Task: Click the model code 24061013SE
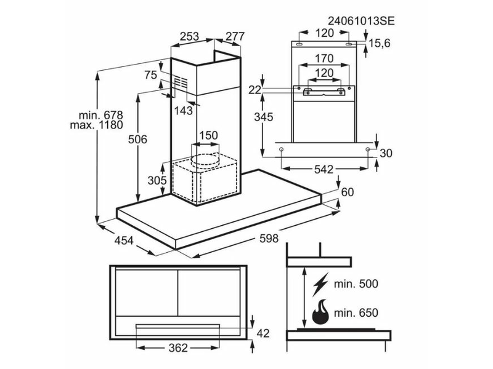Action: [x=361, y=21]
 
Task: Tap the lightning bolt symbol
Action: [x=320, y=284]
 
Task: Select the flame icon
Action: [x=320, y=312]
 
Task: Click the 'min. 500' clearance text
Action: [x=356, y=284]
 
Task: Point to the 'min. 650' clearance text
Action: [x=356, y=313]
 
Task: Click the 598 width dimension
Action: [x=269, y=239]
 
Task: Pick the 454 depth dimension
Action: [x=124, y=240]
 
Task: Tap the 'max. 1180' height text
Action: [x=97, y=125]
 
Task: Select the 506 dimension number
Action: [x=137, y=140]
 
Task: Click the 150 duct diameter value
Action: [x=208, y=135]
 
